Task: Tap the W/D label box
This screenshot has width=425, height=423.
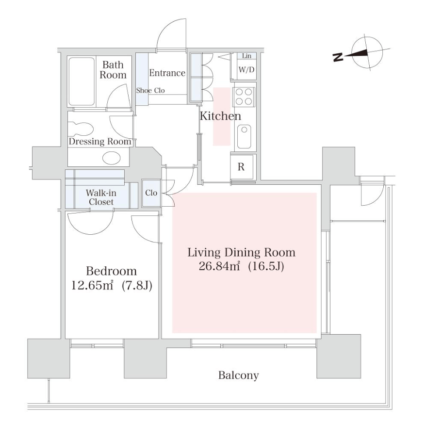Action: [x=245, y=69]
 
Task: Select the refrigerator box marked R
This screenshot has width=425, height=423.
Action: [x=241, y=166]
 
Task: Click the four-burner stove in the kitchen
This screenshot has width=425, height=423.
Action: [x=245, y=96]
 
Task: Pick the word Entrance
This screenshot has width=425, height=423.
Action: [x=167, y=73]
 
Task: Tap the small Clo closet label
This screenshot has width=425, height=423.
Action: [x=151, y=193]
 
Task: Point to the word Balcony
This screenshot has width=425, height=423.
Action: [x=238, y=375]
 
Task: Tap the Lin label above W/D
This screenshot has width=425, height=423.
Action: [x=246, y=56]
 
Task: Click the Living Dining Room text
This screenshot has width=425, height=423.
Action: [x=241, y=253]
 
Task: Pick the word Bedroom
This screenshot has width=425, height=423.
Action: [x=111, y=271]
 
